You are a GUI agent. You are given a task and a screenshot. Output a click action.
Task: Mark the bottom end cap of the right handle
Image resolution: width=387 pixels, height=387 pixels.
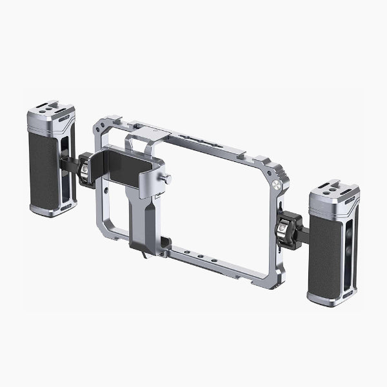[330, 299]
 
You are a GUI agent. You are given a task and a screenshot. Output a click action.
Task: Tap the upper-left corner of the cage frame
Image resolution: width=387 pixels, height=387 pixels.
[103, 126]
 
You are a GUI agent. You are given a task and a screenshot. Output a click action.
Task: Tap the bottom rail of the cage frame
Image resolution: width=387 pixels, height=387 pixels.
[213, 261]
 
